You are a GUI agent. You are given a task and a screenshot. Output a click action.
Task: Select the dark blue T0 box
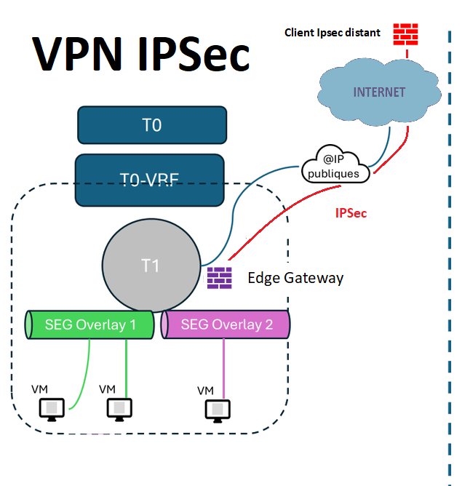tap(152, 125)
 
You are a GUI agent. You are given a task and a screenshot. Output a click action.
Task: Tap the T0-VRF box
tap(151, 179)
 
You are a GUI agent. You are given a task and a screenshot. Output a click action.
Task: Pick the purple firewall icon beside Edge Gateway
tap(219, 277)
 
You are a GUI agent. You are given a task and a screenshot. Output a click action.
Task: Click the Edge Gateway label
tap(295, 278)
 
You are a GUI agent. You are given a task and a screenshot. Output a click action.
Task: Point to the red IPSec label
tap(351, 213)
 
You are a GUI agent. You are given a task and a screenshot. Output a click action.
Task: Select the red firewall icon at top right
tap(405, 33)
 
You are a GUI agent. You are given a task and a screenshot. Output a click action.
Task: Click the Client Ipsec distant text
tap(332, 33)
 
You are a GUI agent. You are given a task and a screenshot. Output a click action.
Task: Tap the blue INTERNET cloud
tap(378, 92)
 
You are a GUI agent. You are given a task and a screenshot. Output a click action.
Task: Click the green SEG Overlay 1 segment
tap(90, 324)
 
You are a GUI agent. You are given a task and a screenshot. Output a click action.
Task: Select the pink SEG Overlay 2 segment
tap(226, 324)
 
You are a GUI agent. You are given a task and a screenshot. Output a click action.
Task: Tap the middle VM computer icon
tap(120, 409)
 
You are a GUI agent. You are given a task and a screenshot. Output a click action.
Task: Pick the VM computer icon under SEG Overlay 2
tap(216, 410)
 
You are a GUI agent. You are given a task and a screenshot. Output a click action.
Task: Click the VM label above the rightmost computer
tap(206, 391)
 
